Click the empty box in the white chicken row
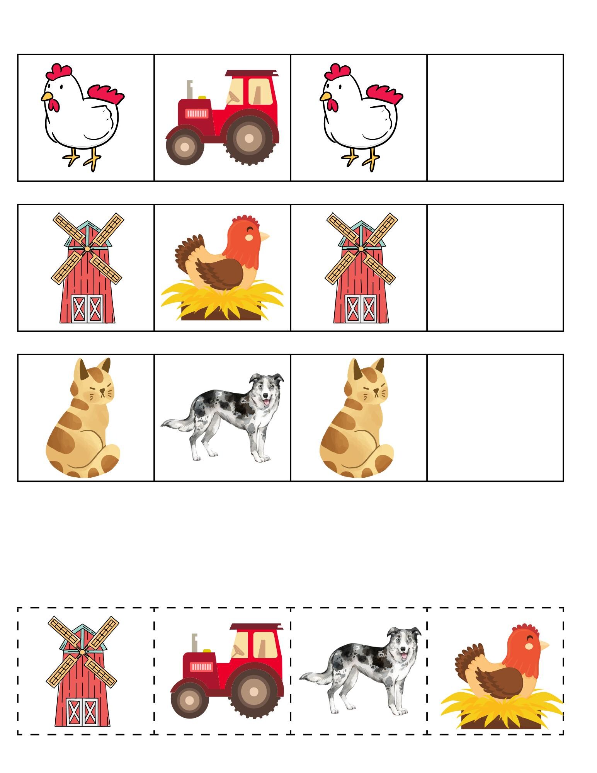tap(495, 118)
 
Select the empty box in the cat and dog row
tap(495, 418)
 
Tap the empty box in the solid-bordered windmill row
tap(495, 268)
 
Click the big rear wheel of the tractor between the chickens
tap(249, 138)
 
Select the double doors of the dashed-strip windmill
tap(82, 712)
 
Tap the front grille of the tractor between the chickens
tap(196, 113)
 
